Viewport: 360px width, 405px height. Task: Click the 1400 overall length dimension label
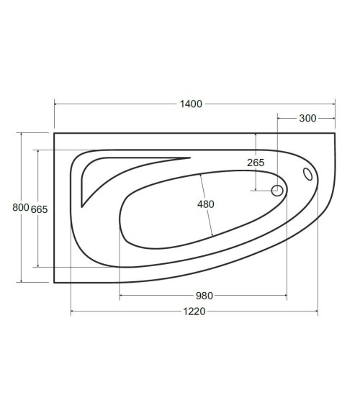point(191,104)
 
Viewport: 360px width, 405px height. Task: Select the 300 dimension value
point(307,119)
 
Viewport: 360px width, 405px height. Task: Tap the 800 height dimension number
point(21,208)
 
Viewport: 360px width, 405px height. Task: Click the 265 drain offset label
point(256,163)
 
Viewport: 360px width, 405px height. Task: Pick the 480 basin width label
point(206,204)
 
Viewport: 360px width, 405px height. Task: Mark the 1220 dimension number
point(194,311)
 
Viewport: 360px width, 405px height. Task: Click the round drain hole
point(276,191)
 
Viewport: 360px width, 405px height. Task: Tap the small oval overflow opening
point(308,174)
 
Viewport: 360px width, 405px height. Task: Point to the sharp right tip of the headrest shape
point(190,158)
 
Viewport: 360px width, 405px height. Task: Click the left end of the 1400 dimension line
point(54,104)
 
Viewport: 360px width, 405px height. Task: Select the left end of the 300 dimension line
point(278,119)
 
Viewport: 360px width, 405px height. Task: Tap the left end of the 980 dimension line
point(120,296)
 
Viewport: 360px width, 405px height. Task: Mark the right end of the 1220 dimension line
point(318,311)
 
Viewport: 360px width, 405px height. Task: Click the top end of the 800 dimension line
point(21,132)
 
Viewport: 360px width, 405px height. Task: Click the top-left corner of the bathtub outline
point(54,132)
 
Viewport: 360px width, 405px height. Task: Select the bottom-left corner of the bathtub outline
point(54,283)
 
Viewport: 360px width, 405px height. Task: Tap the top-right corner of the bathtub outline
point(336,132)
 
